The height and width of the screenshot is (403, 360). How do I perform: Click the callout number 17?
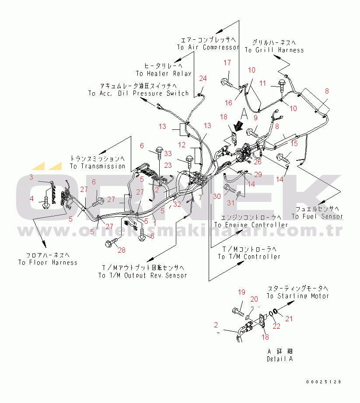[227, 63]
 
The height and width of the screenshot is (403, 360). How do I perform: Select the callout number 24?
[203, 79]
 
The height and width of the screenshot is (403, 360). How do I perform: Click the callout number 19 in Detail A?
[241, 292]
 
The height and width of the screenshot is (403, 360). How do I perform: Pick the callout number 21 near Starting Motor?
[289, 319]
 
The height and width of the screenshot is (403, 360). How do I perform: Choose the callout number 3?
[31, 177]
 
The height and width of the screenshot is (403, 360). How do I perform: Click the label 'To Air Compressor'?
[208, 47]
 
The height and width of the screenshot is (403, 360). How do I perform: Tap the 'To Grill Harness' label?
[274, 50]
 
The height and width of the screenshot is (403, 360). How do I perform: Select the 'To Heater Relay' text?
[164, 73]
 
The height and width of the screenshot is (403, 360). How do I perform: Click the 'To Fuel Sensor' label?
[317, 216]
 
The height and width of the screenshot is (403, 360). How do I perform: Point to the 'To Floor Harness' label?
[48, 263]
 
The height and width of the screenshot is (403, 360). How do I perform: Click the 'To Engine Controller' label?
[251, 225]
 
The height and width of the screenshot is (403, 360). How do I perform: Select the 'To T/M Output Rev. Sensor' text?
[143, 275]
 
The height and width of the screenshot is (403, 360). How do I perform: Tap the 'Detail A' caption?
[280, 359]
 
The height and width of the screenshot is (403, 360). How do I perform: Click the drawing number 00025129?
[323, 382]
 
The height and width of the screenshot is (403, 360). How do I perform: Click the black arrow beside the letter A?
[238, 126]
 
